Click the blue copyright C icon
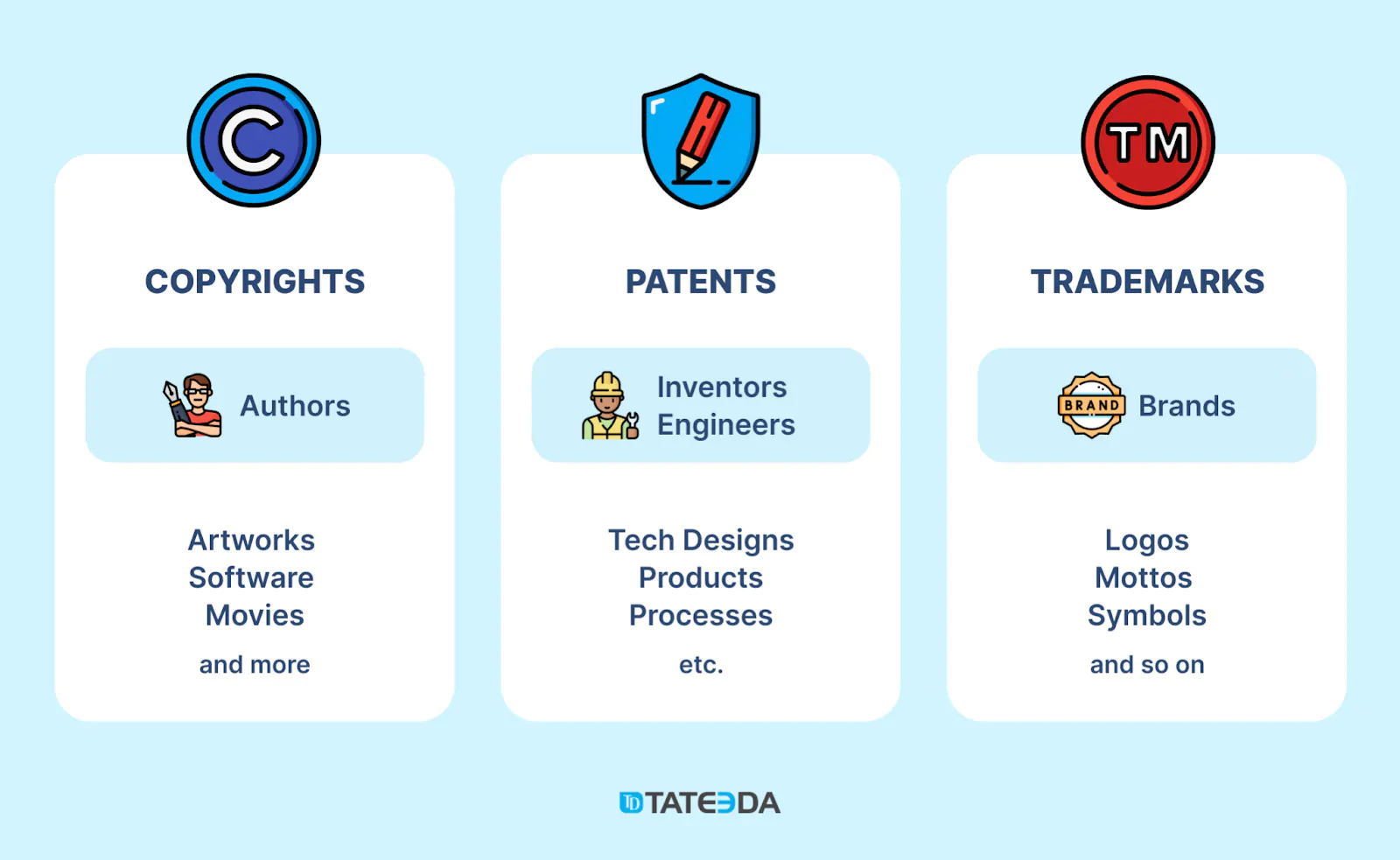pyautogui.click(x=254, y=141)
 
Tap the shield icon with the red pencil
pyautogui.click(x=701, y=141)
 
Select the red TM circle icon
pyautogui.click(x=1148, y=142)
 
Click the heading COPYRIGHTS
pyautogui.click(x=255, y=281)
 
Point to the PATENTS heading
pyautogui.click(x=701, y=281)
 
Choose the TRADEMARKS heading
pyautogui.click(x=1147, y=281)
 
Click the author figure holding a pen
pyautogui.click(x=192, y=405)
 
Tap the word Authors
pyautogui.click(x=295, y=406)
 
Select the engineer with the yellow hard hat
pyautogui.click(x=609, y=405)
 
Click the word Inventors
pyautogui.click(x=722, y=387)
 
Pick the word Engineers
pyautogui.click(x=725, y=425)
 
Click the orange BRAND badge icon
pyautogui.click(x=1091, y=405)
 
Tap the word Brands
pyautogui.click(x=1186, y=406)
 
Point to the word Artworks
pyautogui.click(x=251, y=540)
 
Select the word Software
pyautogui.click(x=251, y=577)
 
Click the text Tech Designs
pyautogui.click(x=701, y=541)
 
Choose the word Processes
pyautogui.click(x=701, y=616)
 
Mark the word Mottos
pyautogui.click(x=1144, y=577)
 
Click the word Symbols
pyautogui.click(x=1147, y=616)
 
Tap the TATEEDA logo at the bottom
pyautogui.click(x=700, y=802)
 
